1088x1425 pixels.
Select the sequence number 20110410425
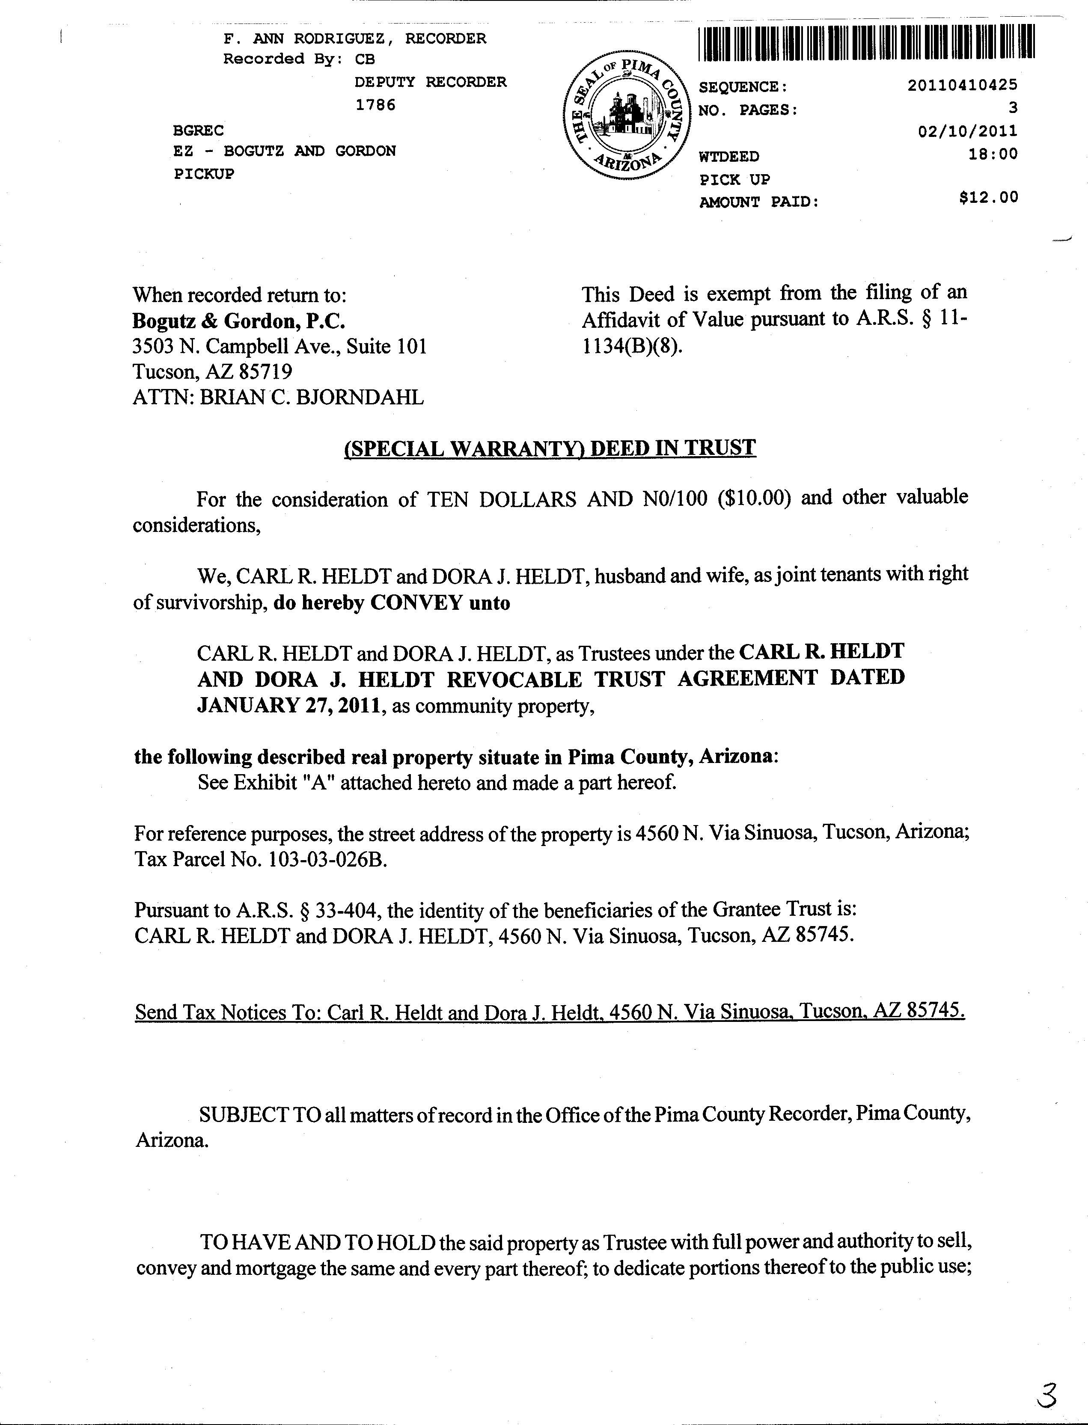click(x=962, y=85)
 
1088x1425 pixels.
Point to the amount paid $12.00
click(x=988, y=197)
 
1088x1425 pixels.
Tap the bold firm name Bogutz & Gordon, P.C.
click(x=238, y=321)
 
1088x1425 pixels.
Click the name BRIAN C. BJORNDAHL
click(x=312, y=397)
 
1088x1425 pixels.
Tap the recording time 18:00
click(x=993, y=154)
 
